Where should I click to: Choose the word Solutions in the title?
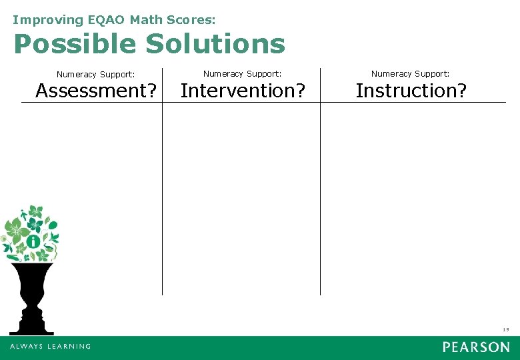[x=215, y=45]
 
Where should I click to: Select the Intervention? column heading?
[x=243, y=90]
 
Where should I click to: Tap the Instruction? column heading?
[x=411, y=90]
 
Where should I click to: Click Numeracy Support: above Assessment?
[x=96, y=75]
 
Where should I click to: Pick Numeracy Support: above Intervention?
[x=243, y=73]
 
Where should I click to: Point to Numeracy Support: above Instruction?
[x=411, y=73]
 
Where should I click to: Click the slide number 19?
[x=505, y=329]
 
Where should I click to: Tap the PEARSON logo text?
[x=476, y=347]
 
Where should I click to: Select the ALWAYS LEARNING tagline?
[x=50, y=347]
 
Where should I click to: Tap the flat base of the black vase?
[x=31, y=331]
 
